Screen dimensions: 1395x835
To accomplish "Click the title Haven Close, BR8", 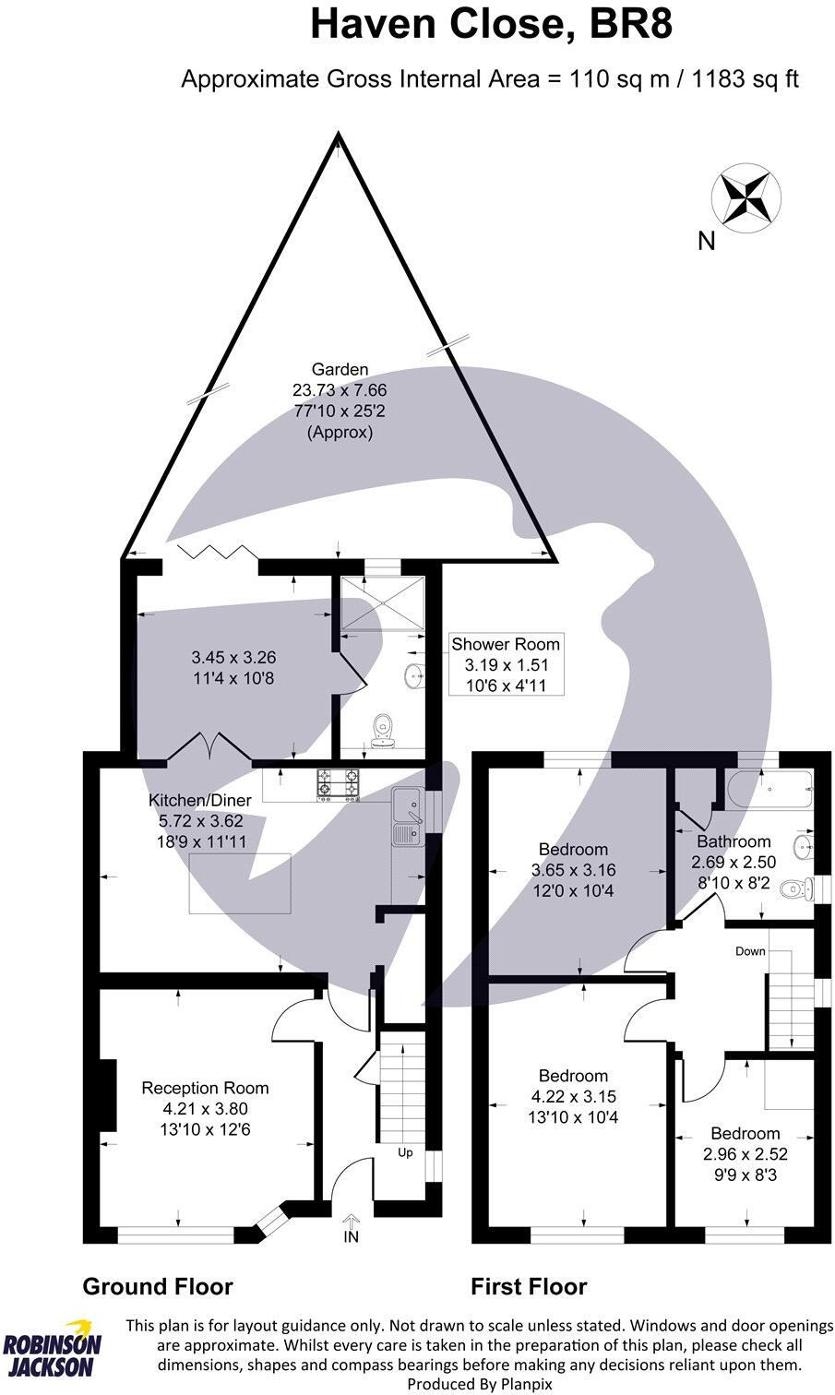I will coord(490,25).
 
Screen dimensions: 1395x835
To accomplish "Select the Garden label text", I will coord(339,369).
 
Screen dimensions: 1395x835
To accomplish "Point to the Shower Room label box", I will coord(505,664).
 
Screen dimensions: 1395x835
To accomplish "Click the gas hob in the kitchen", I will coord(338,783).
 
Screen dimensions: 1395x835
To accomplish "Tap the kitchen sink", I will coord(407,817).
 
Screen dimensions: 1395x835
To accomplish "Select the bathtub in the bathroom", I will coord(769,789).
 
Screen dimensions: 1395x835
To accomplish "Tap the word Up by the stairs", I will coord(405,1153).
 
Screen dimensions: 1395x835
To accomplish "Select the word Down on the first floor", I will coord(750,950).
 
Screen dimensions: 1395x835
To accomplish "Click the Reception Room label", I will coord(205,1089).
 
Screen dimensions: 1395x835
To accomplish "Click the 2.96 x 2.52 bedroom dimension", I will coord(745,1153).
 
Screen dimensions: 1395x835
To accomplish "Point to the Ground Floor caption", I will coord(158,1286).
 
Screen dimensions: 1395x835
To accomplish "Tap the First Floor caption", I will coord(529,1286).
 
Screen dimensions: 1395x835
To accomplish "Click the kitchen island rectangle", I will coord(240,884).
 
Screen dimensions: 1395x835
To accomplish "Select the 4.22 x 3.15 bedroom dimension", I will coord(573,1096).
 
